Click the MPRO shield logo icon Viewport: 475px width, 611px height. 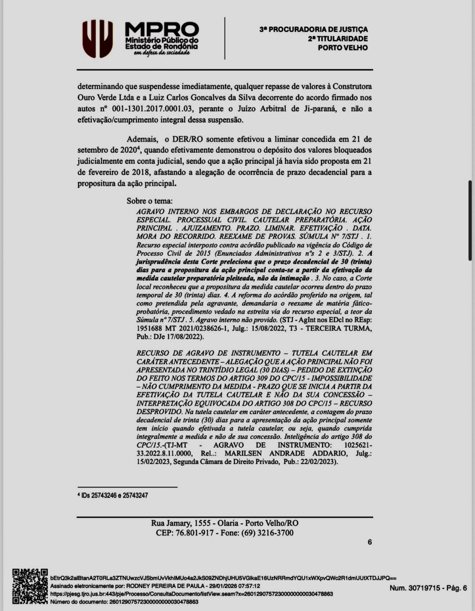pyautogui.click(x=97, y=39)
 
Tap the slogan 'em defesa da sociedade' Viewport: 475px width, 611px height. pyautogui.click(x=162, y=53)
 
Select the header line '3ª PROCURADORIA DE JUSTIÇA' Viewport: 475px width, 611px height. pyautogui.click(x=313, y=30)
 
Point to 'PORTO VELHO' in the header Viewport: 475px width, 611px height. pyautogui.click(x=343, y=48)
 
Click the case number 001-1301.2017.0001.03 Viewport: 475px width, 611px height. pyautogui.click(x=152, y=109)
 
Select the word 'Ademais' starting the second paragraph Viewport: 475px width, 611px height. pyautogui.click(x=142, y=139)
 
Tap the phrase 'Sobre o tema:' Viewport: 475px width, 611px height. pyautogui.click(x=150, y=201)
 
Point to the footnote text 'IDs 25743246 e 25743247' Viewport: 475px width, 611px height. pyautogui.click(x=115, y=495)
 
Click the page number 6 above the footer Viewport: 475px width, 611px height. pyautogui.click(x=369, y=542)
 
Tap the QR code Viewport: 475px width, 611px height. pyautogui.click(x=30, y=586)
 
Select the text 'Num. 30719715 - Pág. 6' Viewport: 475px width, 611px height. pyautogui.click(x=428, y=588)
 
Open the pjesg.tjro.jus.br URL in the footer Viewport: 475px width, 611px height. pyautogui.click(x=191, y=594)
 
